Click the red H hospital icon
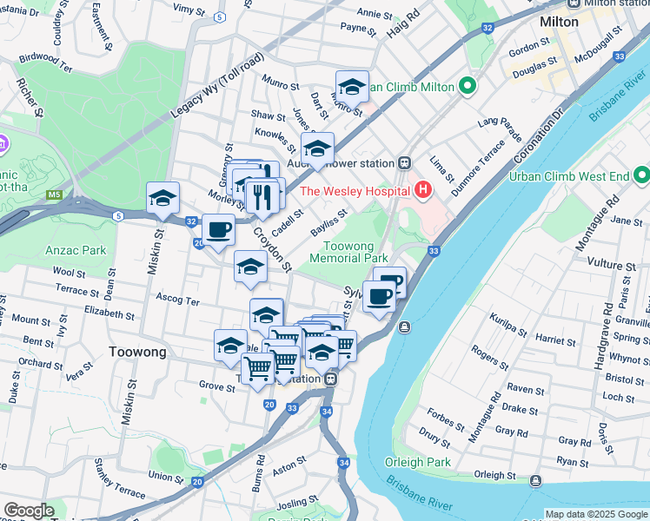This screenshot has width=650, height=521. pyautogui.click(x=422, y=189)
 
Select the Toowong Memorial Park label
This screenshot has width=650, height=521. pyautogui.click(x=349, y=252)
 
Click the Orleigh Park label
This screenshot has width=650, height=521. pyautogui.click(x=420, y=462)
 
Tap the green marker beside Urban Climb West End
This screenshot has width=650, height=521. pyautogui.click(x=641, y=176)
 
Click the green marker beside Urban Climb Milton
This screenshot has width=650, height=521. pyautogui.click(x=468, y=86)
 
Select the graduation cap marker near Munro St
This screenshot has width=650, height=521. pyautogui.click(x=352, y=86)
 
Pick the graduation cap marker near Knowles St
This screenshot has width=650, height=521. pyautogui.click(x=318, y=148)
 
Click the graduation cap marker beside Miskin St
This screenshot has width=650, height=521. pyautogui.click(x=162, y=198)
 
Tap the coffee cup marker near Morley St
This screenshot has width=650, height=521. pyautogui.click(x=218, y=229)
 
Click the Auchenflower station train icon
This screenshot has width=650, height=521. pyautogui.click(x=405, y=162)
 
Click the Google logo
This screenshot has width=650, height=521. pyautogui.click(x=29, y=511)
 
